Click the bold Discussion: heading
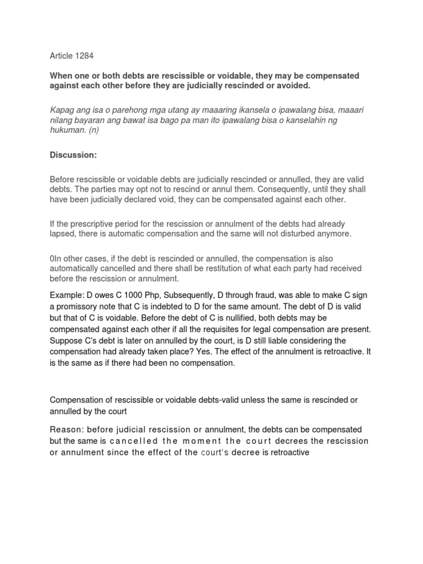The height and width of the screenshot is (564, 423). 73,156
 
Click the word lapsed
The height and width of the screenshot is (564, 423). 63,234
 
